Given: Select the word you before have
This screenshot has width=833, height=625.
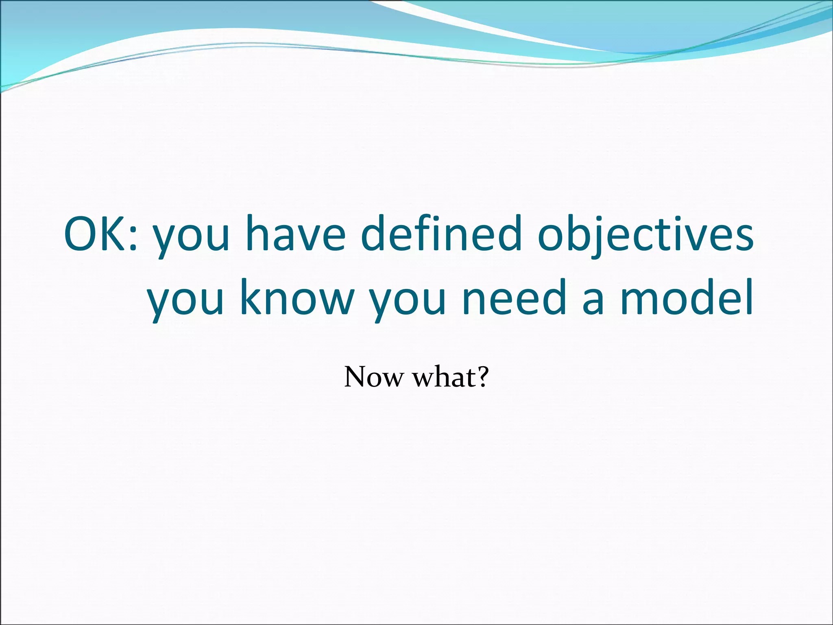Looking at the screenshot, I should point(191,240).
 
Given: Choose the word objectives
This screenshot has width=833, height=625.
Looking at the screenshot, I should point(645,236).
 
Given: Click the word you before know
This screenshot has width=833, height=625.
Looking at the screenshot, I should point(185,303).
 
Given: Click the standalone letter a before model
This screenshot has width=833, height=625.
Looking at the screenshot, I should point(593,303).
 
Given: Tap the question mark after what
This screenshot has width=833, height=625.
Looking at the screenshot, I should point(482,376).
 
